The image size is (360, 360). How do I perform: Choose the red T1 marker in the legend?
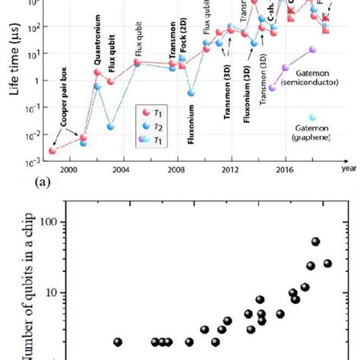coord(146,112)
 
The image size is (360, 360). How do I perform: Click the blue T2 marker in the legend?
coord(146,126)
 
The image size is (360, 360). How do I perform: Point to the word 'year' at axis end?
coord(348,169)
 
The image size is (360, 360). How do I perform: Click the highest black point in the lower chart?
coord(316,242)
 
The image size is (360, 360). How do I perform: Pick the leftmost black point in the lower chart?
coord(118,342)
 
